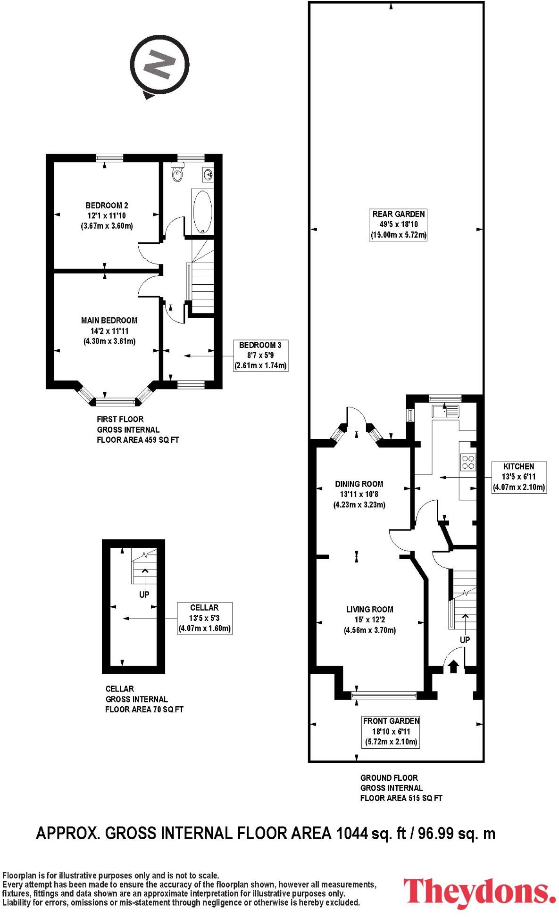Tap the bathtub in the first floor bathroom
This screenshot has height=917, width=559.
click(203, 212)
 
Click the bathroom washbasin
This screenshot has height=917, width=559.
click(208, 175)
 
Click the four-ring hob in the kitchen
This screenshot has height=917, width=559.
click(468, 462)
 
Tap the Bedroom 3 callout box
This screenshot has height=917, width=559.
click(260, 355)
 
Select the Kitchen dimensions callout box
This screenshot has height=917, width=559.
click(518, 477)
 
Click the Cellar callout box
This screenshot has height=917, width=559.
click(204, 618)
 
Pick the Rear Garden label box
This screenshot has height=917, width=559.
click(398, 224)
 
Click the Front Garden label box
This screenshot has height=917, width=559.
click(391, 731)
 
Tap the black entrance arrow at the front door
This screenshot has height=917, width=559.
click(453, 666)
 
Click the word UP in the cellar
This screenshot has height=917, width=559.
click(144, 595)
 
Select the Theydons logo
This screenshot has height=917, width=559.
click(479, 892)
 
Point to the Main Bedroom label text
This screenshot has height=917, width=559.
click(109, 321)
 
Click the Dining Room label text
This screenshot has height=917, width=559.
click(359, 484)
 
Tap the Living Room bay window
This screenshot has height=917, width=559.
click(384, 694)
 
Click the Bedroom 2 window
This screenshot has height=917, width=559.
click(109, 158)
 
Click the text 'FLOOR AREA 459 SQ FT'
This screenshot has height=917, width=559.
click(138, 440)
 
